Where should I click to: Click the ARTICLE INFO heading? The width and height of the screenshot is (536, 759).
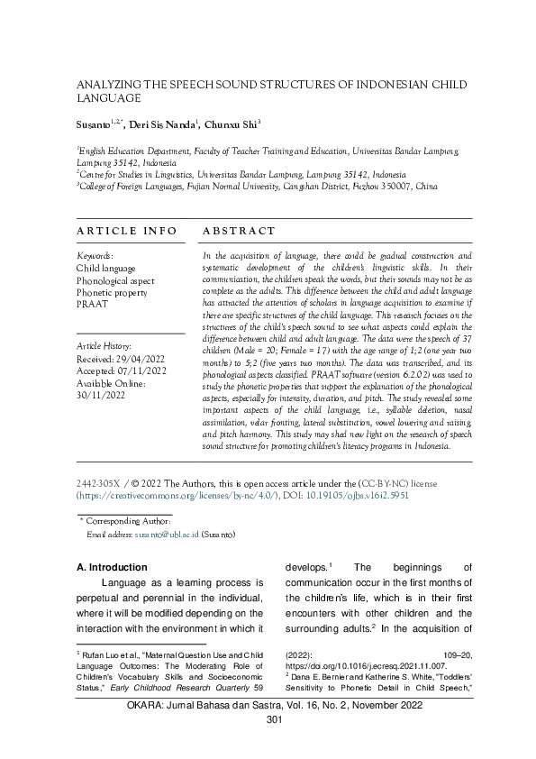click(x=126, y=232)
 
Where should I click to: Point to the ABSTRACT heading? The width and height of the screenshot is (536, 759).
click(x=240, y=232)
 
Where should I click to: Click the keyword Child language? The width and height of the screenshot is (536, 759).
click(x=105, y=269)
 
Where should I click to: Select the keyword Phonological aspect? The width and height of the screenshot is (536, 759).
click(x=115, y=280)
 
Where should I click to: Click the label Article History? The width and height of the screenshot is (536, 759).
click(x=104, y=344)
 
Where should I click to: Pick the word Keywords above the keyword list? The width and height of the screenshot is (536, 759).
click(x=94, y=256)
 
